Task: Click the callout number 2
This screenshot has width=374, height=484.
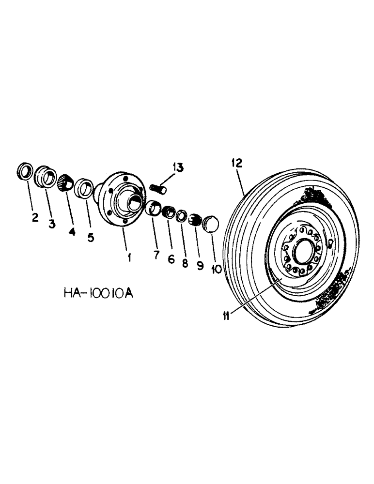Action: (x=35, y=218)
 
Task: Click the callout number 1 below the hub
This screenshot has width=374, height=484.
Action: (x=129, y=257)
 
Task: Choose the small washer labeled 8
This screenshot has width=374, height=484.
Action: (x=182, y=216)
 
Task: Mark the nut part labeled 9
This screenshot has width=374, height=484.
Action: (x=195, y=219)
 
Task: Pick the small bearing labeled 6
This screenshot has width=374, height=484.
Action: (x=169, y=212)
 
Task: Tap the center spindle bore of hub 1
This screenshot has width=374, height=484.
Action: (x=135, y=199)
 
